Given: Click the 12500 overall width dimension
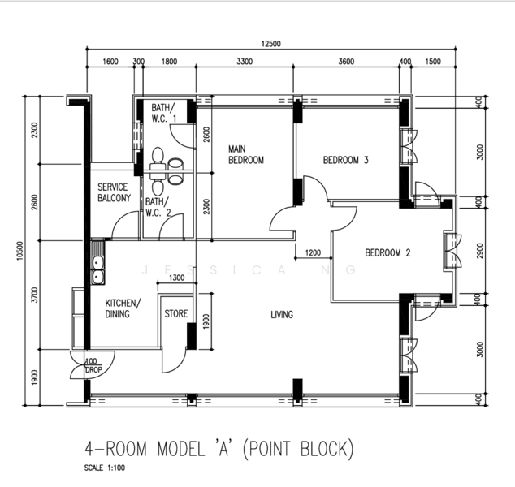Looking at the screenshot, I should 270,44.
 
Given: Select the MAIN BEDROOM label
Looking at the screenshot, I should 245,154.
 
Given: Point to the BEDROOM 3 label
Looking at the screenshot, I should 346,160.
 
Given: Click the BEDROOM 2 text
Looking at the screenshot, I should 387,252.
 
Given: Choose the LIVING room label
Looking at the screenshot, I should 282,314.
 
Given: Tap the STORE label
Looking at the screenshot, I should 176,313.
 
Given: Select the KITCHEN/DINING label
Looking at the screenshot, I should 123,308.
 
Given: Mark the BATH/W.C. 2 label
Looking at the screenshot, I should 158,207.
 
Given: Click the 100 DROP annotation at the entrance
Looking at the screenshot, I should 92,366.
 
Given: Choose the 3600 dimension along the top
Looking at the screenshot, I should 346,62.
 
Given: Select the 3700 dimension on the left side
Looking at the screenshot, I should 33,295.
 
